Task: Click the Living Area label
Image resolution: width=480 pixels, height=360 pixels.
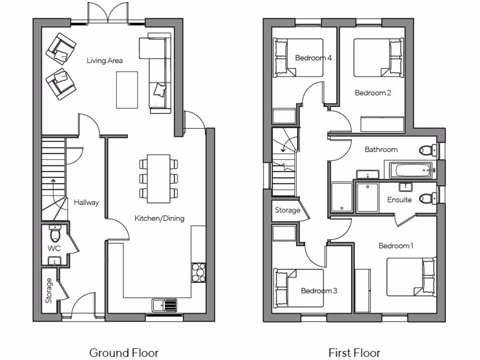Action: [105, 60]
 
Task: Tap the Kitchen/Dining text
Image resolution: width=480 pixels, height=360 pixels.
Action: [159, 218]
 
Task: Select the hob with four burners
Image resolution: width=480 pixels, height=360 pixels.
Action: [198, 272]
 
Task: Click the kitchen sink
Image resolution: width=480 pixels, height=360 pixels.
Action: [164, 305]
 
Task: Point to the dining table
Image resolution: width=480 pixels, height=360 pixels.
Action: [158, 179]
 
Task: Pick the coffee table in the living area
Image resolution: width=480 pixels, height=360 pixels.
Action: [127, 90]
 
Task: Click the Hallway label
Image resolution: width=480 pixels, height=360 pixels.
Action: [86, 202]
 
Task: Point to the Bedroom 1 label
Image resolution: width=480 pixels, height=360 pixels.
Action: [396, 246]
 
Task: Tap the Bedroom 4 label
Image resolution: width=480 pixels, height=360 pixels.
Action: [314, 58]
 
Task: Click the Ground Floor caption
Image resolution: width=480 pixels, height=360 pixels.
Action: [124, 352]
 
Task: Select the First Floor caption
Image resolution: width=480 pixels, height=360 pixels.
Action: [354, 352]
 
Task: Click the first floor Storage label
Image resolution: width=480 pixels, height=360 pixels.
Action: [287, 210]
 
